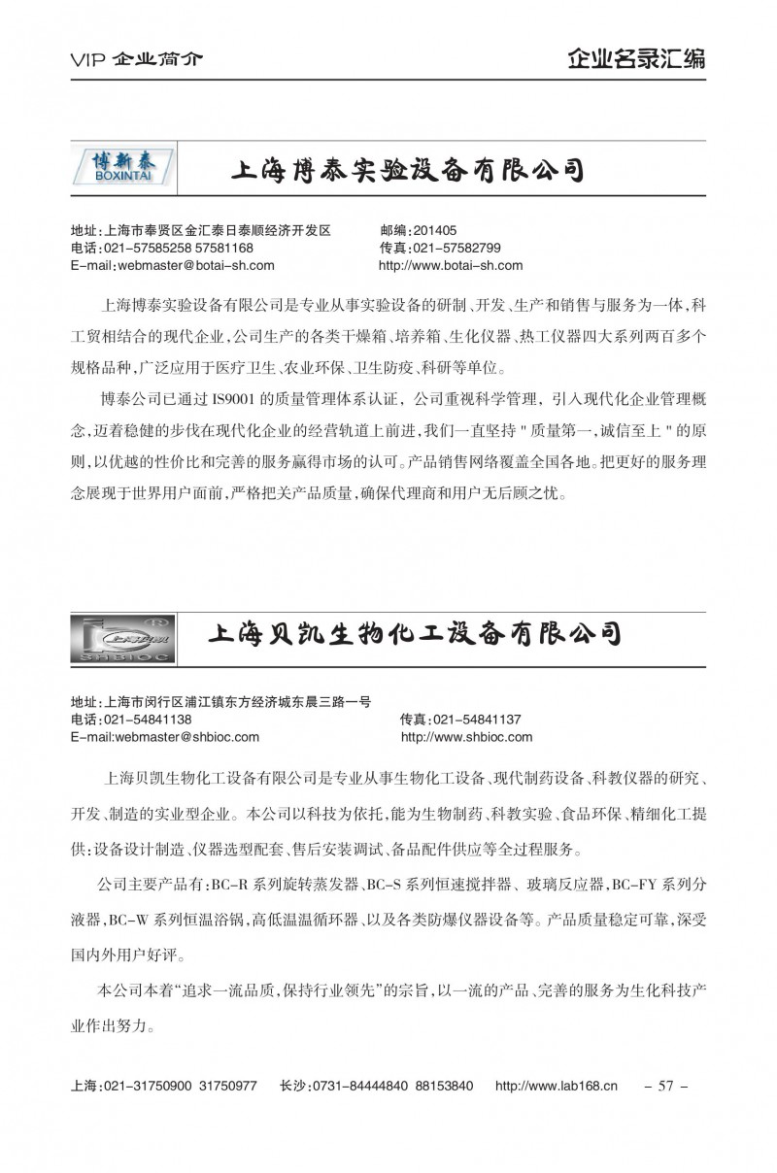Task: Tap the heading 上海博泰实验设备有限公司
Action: pyautogui.click(x=405, y=171)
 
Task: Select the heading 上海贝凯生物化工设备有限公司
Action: pyautogui.click(x=415, y=635)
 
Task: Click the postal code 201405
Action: pyautogui.click(x=434, y=231)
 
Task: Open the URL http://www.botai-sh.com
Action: pyautogui.click(x=451, y=264)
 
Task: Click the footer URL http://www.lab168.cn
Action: pyautogui.click(x=557, y=1086)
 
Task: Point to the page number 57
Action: pyautogui.click(x=666, y=1086)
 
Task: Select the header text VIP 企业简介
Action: pyautogui.click(x=137, y=59)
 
